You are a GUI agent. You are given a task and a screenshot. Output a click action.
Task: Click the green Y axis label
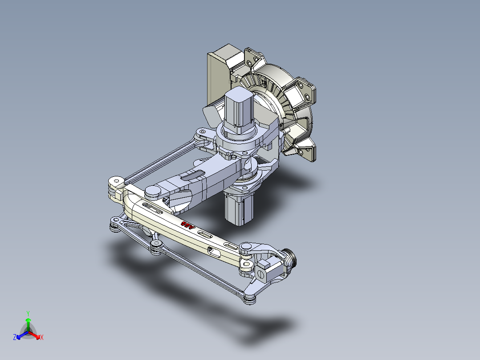tap(28, 313)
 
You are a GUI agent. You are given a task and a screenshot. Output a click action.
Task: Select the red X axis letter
tap(42, 337)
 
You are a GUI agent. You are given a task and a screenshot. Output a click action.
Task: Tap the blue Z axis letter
tap(15, 337)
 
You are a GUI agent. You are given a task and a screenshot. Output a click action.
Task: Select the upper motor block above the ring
tap(240, 109)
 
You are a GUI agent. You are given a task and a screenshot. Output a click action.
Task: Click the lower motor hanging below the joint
tap(238, 209)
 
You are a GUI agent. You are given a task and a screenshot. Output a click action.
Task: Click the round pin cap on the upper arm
tap(152, 192)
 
